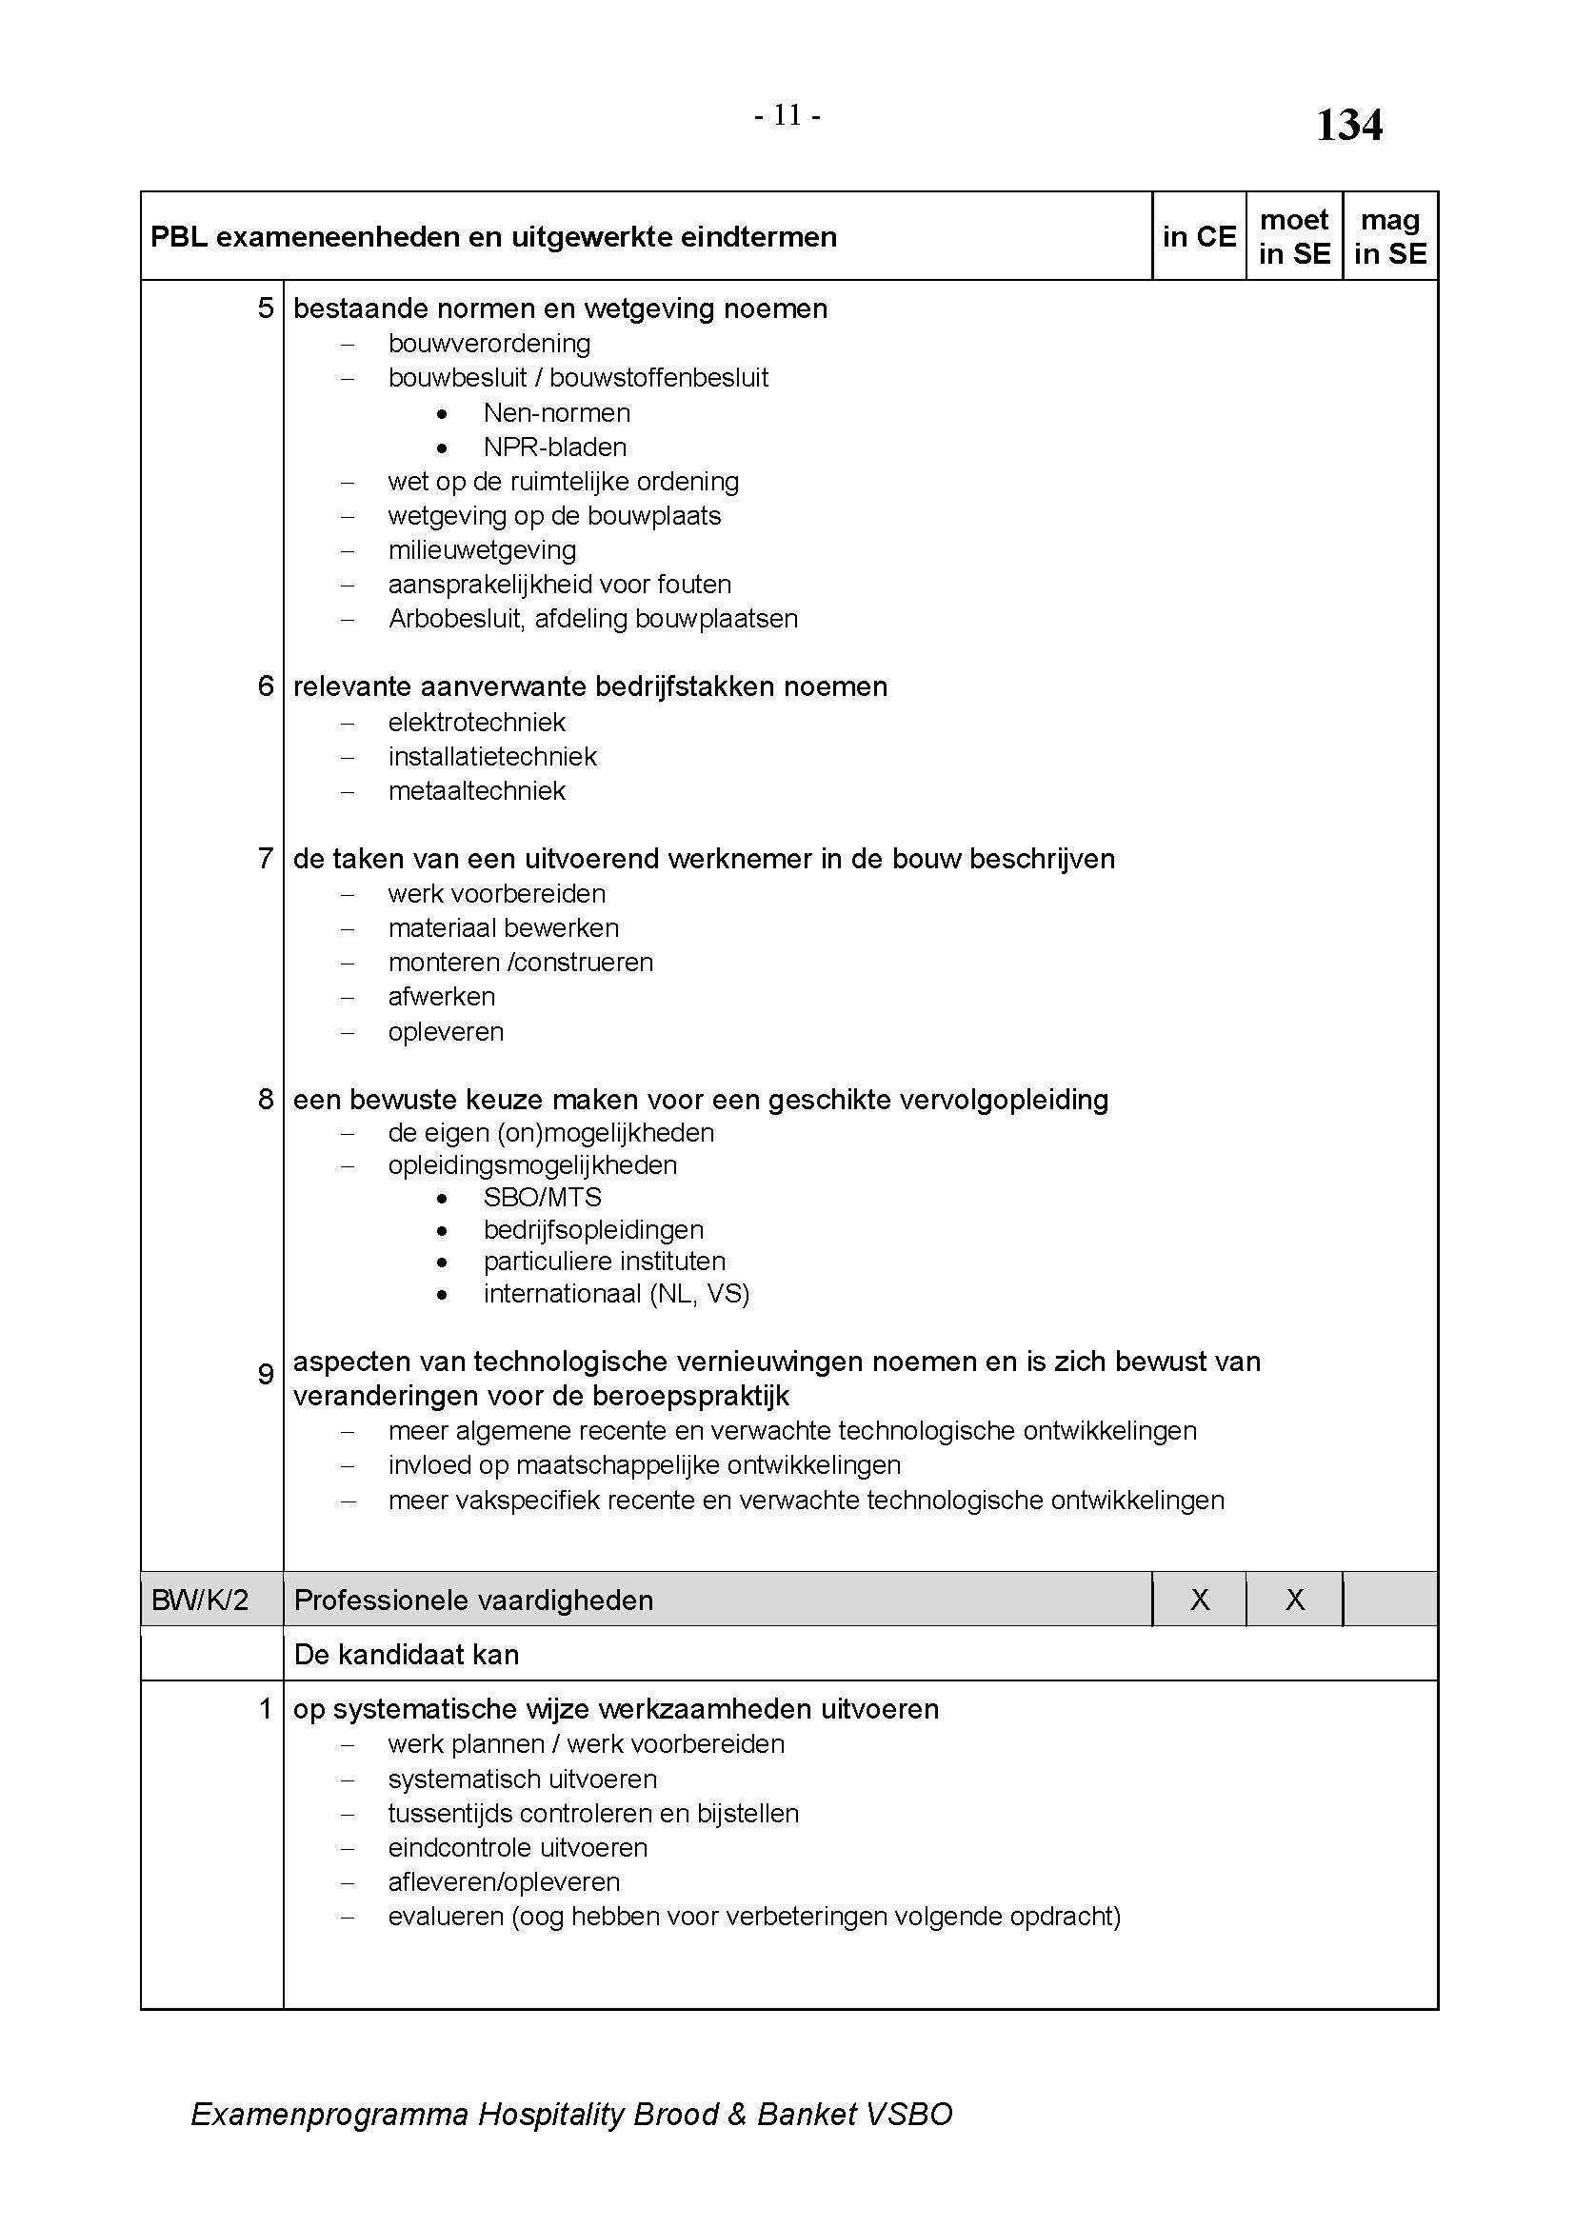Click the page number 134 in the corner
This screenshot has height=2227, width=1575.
[x=1349, y=126]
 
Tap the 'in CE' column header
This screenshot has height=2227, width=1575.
[x=1199, y=237]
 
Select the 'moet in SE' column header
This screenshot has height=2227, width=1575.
[x=1294, y=237]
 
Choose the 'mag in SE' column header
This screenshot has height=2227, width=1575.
[x=1389, y=237]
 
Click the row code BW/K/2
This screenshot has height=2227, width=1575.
[x=200, y=1600]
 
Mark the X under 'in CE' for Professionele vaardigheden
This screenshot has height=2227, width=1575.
[x=1200, y=1600]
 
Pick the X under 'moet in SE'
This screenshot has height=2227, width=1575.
[x=1295, y=1600]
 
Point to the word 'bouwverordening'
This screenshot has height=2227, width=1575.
[x=488, y=344]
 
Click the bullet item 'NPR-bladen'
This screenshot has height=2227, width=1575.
[x=555, y=447]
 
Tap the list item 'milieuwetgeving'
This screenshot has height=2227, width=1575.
[x=482, y=550]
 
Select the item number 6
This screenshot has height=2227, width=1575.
[x=266, y=686]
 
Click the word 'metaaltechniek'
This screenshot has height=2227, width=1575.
[x=476, y=791]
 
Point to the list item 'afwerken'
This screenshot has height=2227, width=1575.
[x=441, y=996]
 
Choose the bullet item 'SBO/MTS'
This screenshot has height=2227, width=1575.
[x=542, y=1197]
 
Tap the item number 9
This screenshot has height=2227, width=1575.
[x=266, y=1374]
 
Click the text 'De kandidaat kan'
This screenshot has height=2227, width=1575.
[x=407, y=1654]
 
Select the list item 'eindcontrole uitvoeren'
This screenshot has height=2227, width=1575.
[x=518, y=1848]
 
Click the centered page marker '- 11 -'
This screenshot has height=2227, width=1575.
[x=787, y=116]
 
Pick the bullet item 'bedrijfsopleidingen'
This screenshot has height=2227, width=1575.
[x=593, y=1230]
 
